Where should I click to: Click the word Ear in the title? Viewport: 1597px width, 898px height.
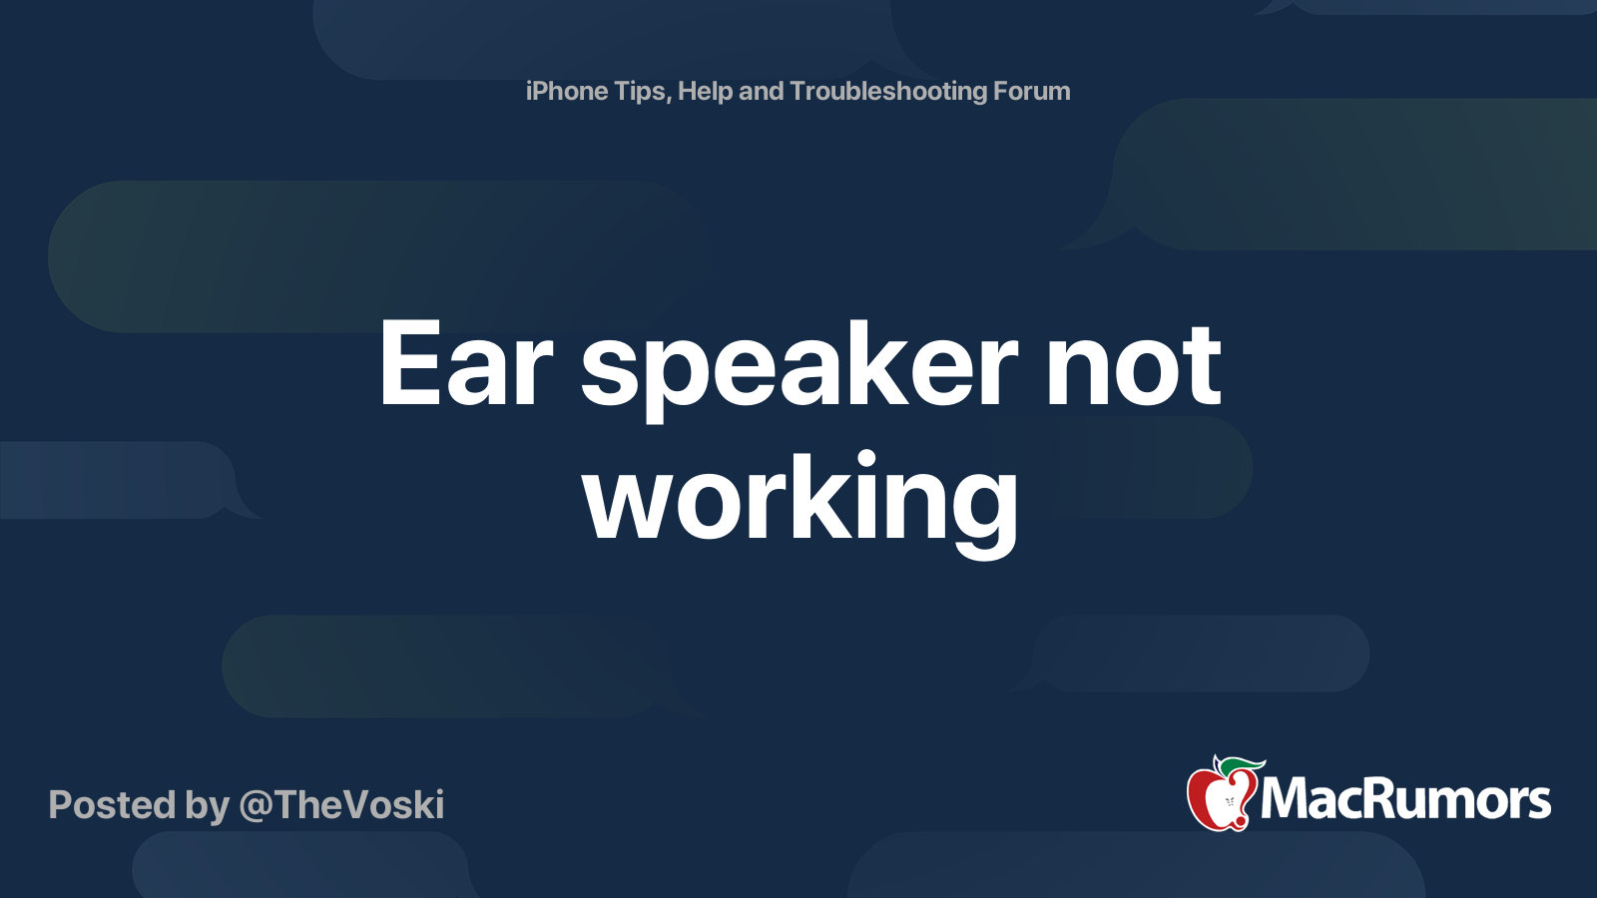click(466, 364)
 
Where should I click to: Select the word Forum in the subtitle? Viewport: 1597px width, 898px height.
click(1032, 91)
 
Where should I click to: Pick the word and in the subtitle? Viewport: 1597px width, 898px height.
click(762, 91)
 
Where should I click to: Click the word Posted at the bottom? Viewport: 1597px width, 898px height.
click(112, 804)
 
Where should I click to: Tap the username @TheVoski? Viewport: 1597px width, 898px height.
click(341, 805)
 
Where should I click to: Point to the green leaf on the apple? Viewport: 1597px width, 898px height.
click(1242, 766)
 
